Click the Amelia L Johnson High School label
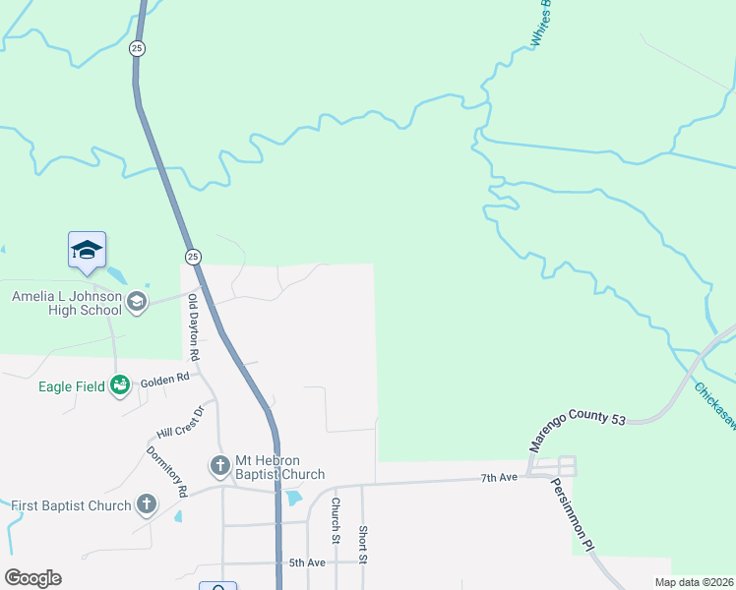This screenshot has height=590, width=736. point(66,303)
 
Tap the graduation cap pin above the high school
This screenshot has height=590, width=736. point(87,251)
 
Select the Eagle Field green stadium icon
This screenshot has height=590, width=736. point(121,386)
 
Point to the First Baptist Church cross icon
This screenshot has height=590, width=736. point(147,505)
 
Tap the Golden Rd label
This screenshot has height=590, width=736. point(164,379)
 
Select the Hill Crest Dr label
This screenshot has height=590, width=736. point(180,422)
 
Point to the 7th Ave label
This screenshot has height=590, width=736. point(499,477)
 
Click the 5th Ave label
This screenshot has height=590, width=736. point(306,562)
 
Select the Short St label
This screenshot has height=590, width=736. point(362,544)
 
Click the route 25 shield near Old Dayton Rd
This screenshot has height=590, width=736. point(193,257)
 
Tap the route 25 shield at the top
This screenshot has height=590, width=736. point(137,48)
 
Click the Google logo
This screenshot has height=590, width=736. point(32,578)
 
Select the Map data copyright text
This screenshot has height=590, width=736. point(694,582)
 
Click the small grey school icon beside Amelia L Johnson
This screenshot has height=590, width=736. point(137,302)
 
